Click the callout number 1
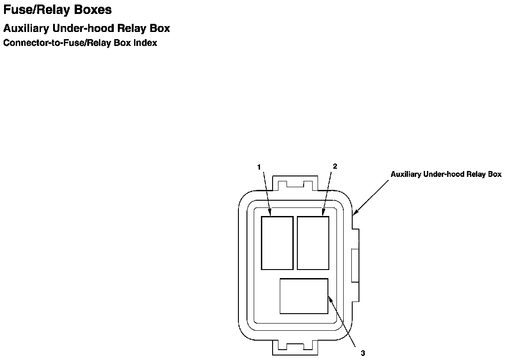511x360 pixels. coord(259,167)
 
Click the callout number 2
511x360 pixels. coord(335,166)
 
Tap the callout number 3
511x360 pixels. coord(363,353)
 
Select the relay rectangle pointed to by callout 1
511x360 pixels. coord(277,243)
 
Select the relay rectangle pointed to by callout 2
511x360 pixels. coord(313,243)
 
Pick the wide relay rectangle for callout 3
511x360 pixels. coord(304,296)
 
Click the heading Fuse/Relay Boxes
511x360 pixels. coord(58,9)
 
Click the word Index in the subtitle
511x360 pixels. coord(145,43)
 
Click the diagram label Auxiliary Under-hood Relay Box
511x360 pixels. coord(446,174)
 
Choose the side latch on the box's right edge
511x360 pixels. coord(355,265)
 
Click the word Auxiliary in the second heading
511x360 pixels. coord(26,28)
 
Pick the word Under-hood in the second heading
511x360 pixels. coord(83,28)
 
